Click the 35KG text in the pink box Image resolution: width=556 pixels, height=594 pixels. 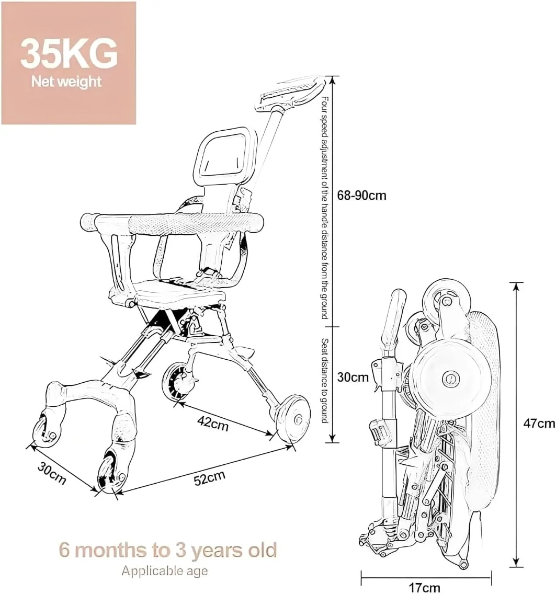(x=69, y=54)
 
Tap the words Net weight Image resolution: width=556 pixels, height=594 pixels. (x=66, y=82)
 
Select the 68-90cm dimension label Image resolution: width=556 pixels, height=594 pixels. (x=361, y=196)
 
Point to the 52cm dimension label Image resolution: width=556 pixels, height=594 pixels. (x=210, y=478)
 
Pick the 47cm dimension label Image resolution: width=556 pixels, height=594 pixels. (x=539, y=423)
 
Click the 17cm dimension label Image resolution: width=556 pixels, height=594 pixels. (x=425, y=588)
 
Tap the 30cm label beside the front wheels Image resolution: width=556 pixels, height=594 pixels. (x=52, y=474)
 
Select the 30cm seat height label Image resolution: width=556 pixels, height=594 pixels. (x=353, y=378)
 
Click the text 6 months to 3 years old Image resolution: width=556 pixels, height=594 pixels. (x=168, y=550)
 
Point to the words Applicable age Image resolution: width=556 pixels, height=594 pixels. (x=164, y=571)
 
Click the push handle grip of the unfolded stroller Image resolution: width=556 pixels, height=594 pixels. (x=291, y=93)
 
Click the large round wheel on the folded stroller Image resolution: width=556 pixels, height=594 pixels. (x=450, y=377)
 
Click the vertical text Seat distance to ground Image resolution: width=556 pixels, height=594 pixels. (x=324, y=381)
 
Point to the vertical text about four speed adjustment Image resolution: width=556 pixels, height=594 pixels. (x=325, y=208)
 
